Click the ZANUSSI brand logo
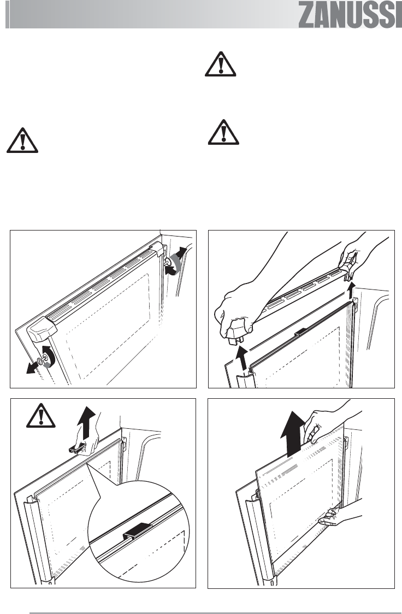350,16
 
